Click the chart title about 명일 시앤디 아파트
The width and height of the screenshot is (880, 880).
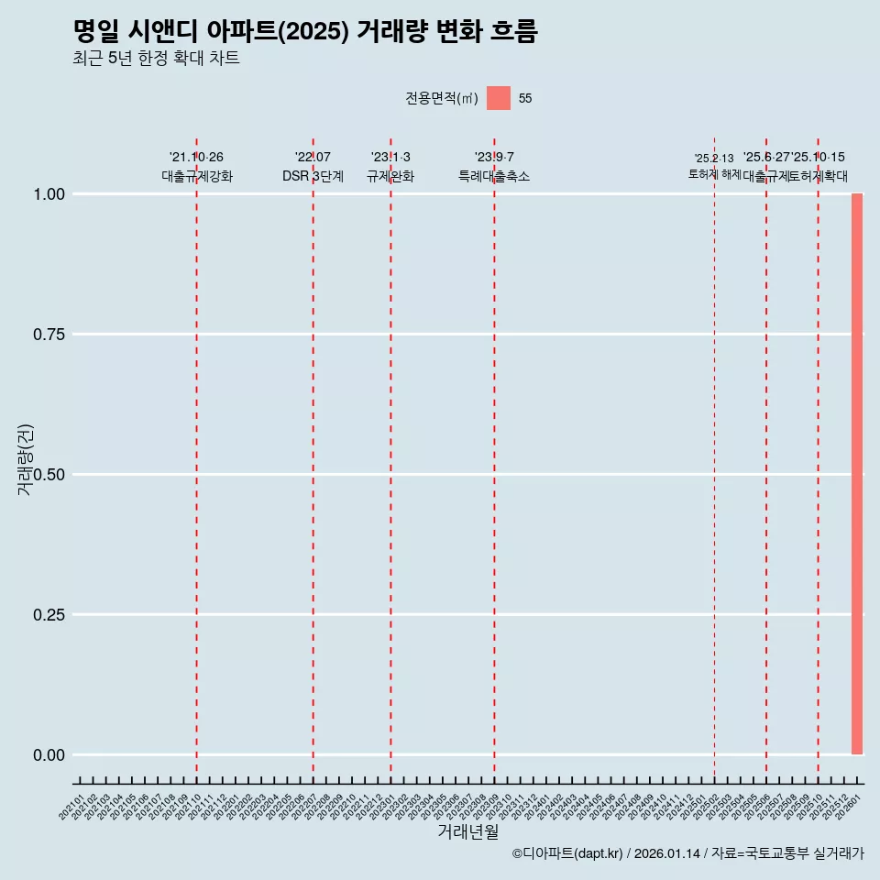coord(305,31)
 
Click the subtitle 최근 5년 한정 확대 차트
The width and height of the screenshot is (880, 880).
coord(156,59)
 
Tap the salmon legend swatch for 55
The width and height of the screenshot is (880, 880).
coord(498,98)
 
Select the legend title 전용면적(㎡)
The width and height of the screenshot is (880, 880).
coord(441,98)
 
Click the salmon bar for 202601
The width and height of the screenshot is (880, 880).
coord(857,474)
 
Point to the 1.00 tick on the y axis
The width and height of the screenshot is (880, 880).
coord(49,194)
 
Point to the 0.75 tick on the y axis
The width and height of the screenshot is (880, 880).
coord(49,335)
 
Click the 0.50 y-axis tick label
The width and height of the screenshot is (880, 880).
coord(49,475)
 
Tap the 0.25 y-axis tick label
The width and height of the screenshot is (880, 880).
coord(49,615)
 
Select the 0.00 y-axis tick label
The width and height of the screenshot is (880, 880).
coord(49,755)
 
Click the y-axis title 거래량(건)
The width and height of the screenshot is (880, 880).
coord(25,460)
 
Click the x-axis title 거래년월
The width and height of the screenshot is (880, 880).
coord(467,831)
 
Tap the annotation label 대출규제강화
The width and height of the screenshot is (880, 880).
coord(197,176)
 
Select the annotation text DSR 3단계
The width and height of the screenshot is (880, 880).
coord(313,176)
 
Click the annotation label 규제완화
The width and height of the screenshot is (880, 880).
coord(390,176)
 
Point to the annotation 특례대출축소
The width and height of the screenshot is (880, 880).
coord(494,176)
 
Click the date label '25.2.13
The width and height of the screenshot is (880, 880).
coord(714,159)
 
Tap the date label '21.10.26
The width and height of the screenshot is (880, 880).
coord(196,158)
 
